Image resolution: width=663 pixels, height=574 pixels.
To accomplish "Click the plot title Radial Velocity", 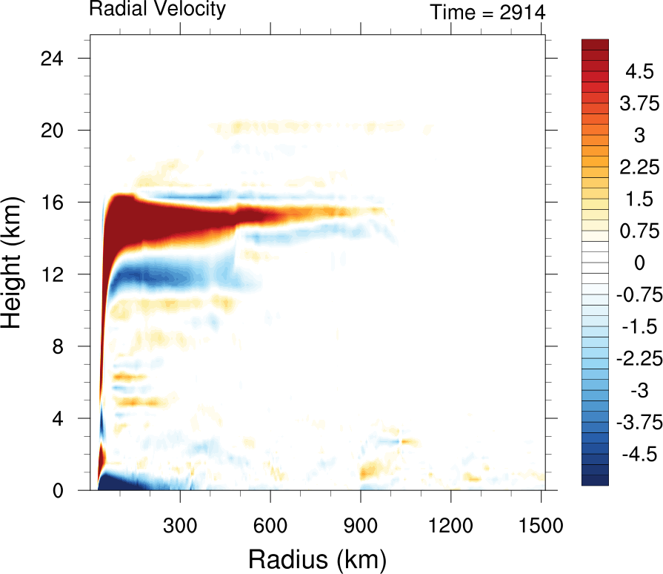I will (x=157, y=10).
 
